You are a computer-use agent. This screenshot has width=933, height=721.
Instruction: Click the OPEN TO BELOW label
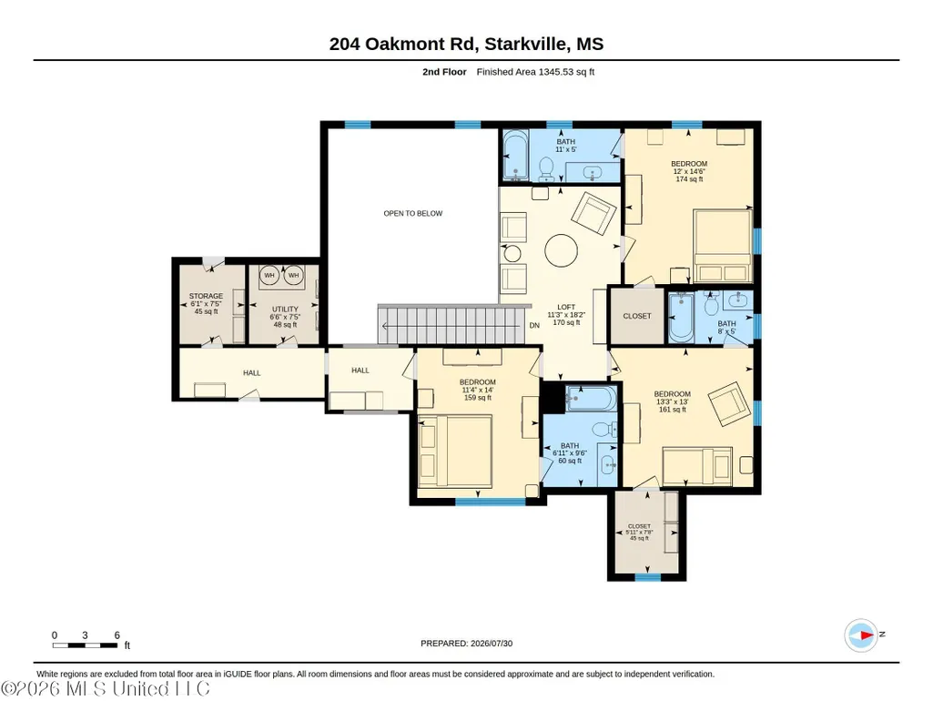pos(413,214)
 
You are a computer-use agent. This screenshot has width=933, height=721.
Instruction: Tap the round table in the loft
pos(561,250)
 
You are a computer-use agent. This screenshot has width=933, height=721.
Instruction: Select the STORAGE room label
pos(206,296)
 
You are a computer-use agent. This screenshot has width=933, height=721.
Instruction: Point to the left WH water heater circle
pos(269,276)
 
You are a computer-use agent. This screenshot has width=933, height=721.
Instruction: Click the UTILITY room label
pos(285,310)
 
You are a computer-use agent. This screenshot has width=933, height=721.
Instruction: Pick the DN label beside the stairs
pos(534,325)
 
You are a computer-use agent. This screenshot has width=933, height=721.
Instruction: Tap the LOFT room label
pos(566,307)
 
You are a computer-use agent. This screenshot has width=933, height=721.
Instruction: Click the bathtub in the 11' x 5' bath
pos(512,156)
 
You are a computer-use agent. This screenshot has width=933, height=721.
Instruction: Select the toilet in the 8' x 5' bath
pos(711,305)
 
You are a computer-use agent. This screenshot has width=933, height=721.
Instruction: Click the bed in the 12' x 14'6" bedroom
pos(722,246)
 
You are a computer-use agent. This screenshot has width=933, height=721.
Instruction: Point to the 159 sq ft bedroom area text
pos(478,398)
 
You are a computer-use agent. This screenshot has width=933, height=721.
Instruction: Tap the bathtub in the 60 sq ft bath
pos(591,399)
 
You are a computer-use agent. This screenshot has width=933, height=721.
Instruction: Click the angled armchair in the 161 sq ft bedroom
pos(729,403)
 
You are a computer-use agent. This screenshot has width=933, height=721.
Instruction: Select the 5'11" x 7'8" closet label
pos(639,533)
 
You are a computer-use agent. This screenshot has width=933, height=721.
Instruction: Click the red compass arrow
pos(866,635)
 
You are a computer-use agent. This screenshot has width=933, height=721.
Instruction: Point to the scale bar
pos(85,645)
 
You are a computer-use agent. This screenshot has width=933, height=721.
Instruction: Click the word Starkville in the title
pos(522,44)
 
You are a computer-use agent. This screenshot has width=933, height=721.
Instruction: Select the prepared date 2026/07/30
pos(492,643)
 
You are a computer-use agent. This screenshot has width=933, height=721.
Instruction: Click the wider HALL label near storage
pos(252,373)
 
